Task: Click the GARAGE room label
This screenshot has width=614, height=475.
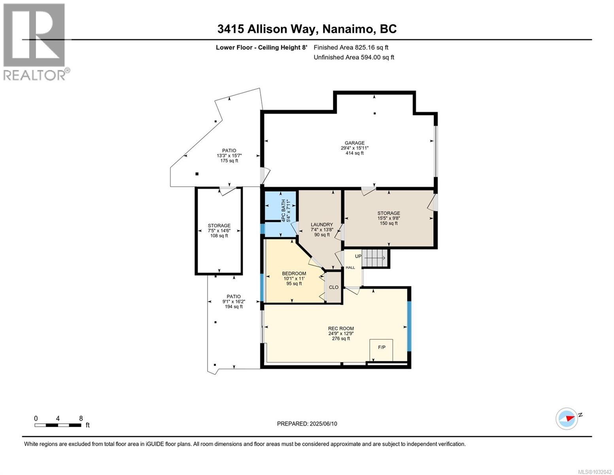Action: point(354,143)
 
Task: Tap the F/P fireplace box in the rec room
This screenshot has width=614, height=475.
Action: point(382,348)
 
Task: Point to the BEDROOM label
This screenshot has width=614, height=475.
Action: point(294,274)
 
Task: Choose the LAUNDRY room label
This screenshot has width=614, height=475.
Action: point(321,224)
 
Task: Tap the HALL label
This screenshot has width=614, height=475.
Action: point(350,268)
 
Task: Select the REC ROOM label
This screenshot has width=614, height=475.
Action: point(341,328)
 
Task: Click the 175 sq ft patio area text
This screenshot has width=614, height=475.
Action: point(229,161)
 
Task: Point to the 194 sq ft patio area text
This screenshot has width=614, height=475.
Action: point(233,307)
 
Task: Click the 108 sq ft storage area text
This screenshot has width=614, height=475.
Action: point(219,236)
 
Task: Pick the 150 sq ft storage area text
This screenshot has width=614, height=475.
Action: point(388,223)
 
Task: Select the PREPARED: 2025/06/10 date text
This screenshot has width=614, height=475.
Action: point(307,424)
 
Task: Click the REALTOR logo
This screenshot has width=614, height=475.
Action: point(35,42)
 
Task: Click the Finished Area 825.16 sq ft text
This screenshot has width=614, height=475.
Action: point(353,47)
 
